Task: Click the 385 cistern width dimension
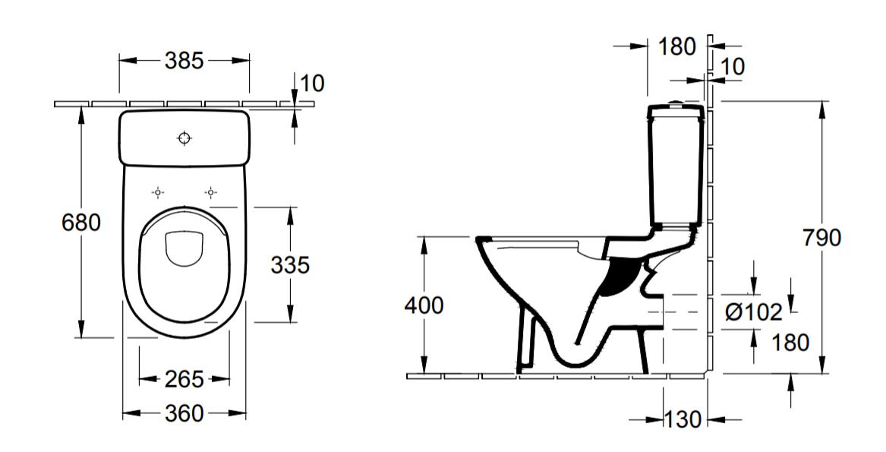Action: [184, 61]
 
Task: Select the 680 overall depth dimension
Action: [80, 223]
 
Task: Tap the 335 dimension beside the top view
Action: [291, 264]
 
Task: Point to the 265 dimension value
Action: [184, 378]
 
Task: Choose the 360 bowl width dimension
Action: [184, 413]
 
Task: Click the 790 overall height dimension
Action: [821, 238]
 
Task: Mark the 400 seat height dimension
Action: [424, 305]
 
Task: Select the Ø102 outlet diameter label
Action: [753, 311]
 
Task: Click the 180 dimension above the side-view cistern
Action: [676, 46]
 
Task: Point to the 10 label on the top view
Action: [312, 83]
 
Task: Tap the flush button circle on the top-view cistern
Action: [184, 137]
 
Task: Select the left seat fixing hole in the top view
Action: [158, 192]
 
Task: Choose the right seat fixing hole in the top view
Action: [210, 192]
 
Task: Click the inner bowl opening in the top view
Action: [184, 248]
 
